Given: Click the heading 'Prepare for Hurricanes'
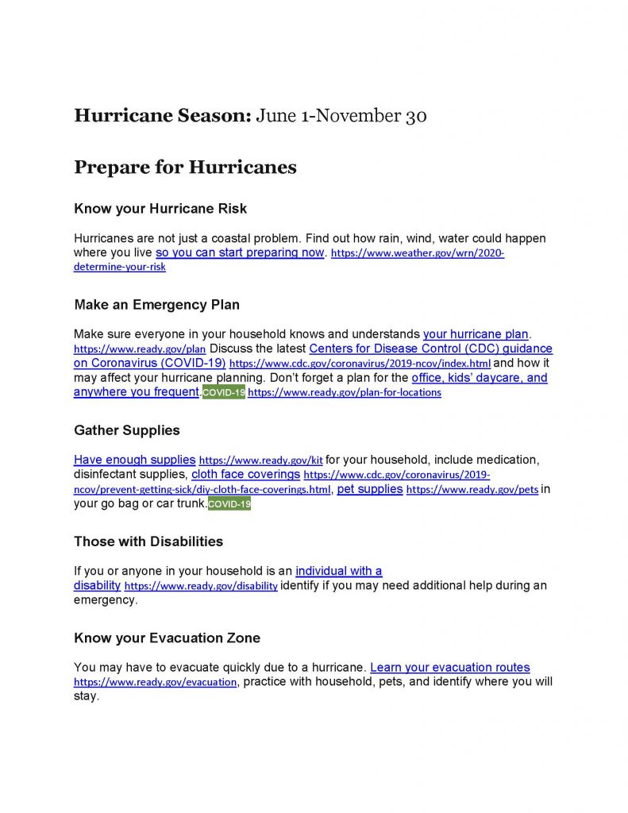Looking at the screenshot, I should (185, 168).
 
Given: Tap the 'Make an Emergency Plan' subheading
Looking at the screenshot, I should (156, 305).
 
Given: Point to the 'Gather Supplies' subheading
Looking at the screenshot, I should (127, 430).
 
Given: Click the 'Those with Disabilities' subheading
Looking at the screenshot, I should (148, 541).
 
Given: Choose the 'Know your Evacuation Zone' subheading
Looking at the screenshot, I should (167, 638).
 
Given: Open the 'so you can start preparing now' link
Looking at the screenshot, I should (240, 252).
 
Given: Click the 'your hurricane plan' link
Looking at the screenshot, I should (476, 334).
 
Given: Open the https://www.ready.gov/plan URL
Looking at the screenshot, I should (140, 349).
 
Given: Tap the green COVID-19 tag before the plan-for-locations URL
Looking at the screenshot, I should (223, 392).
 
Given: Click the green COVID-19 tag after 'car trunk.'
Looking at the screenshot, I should (229, 504).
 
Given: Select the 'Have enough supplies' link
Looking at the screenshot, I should (134, 460).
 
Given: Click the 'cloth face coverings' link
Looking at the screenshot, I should (245, 474).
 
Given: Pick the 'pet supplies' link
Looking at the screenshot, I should (370, 489).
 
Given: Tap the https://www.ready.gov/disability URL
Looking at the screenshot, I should (201, 587).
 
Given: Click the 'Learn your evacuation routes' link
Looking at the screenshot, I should (449, 668).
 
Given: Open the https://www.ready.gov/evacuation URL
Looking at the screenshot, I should (155, 683).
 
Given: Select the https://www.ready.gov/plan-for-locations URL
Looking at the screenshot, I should (344, 393).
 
